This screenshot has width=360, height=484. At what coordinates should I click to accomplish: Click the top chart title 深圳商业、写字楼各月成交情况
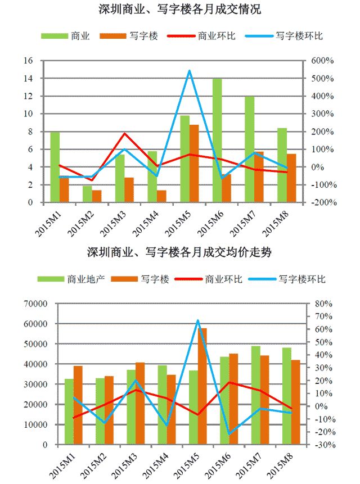(179, 10)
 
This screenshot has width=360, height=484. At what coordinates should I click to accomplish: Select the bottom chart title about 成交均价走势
(179, 252)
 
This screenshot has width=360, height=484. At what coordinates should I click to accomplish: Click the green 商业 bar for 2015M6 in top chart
(217, 141)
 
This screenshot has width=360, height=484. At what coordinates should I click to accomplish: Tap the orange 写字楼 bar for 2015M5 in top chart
(194, 164)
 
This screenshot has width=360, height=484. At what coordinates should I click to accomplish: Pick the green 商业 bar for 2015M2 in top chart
(87, 194)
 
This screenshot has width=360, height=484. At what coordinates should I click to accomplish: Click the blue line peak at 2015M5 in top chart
(190, 71)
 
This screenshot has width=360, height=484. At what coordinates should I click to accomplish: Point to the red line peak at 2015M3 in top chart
(124, 133)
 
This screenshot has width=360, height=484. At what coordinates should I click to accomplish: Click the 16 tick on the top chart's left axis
(28, 60)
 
